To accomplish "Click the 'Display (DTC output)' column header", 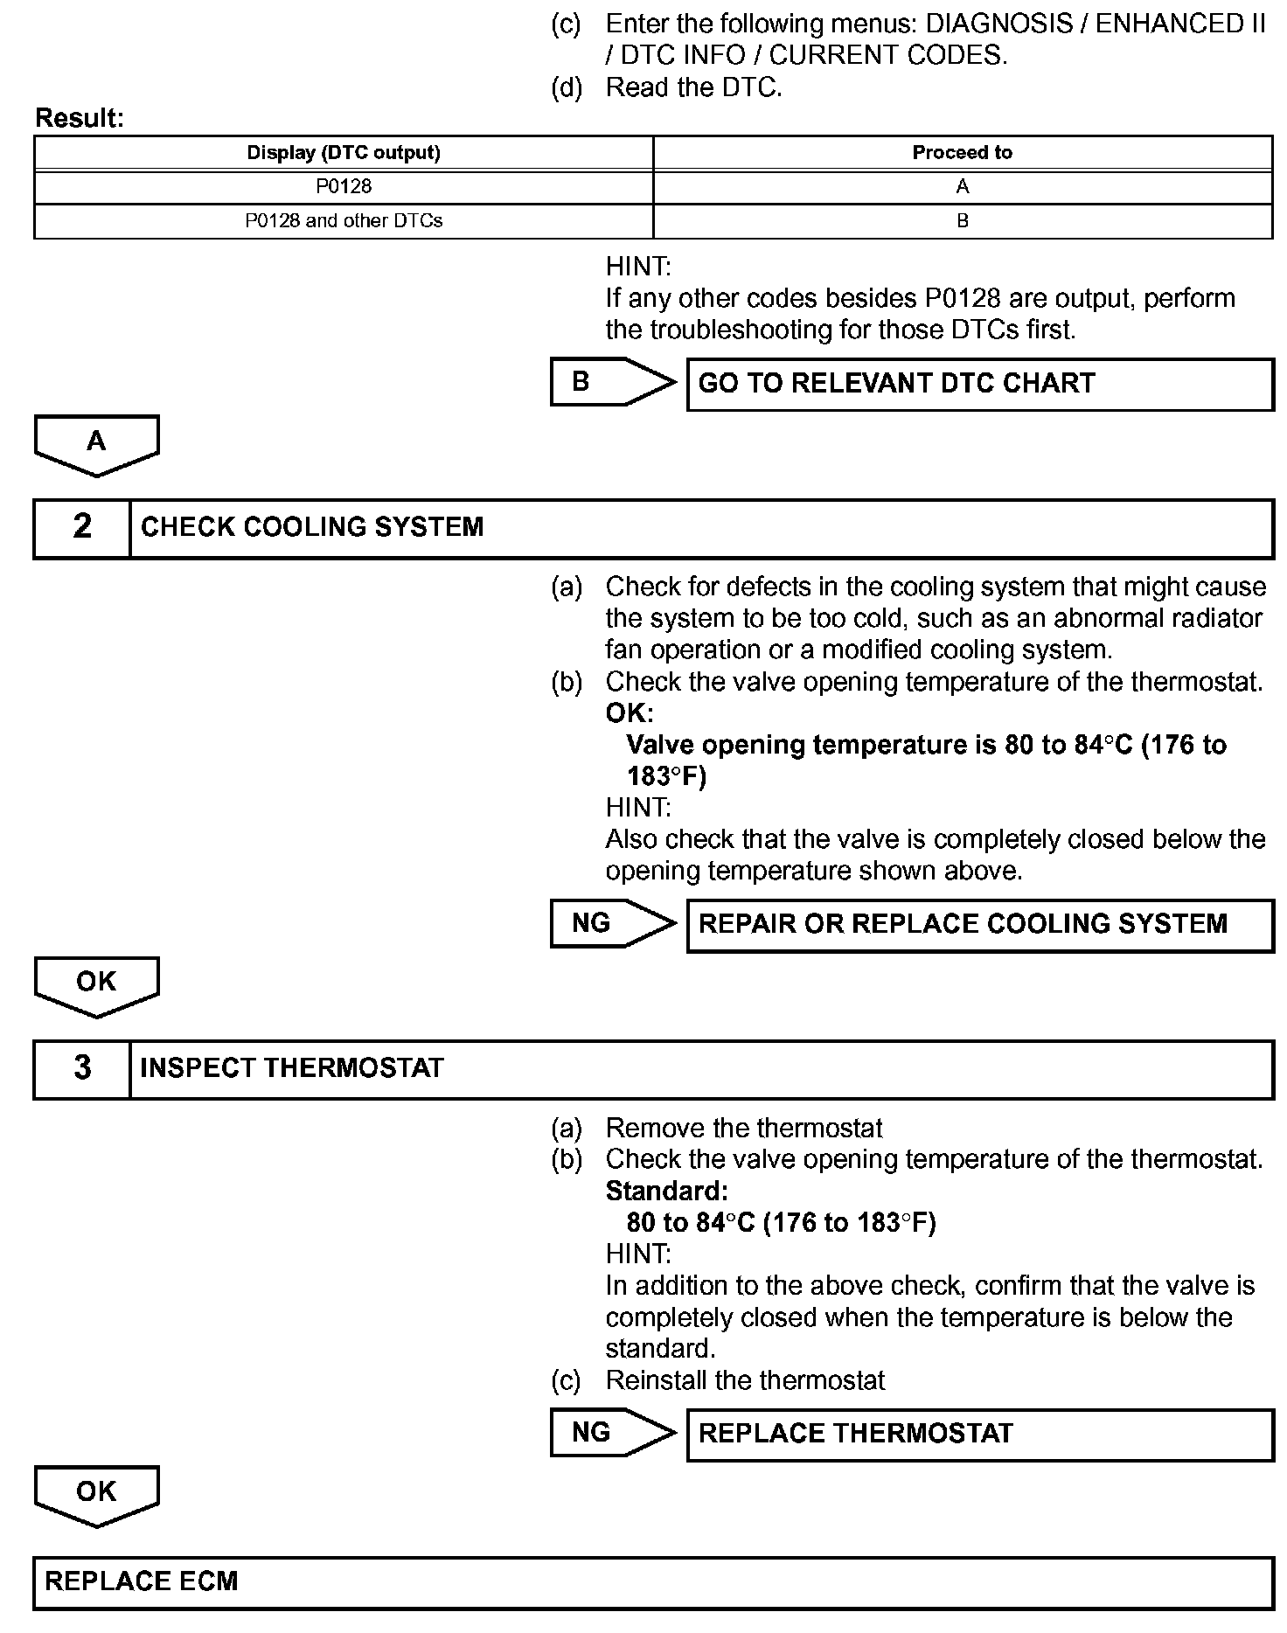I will click(x=344, y=153).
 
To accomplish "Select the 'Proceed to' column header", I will click(x=962, y=153).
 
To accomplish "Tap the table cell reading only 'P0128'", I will click(x=344, y=186).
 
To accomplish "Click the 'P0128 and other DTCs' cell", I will click(x=344, y=220).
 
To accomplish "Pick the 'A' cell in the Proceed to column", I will click(x=962, y=186).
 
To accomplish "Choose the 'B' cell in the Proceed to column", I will click(x=962, y=220).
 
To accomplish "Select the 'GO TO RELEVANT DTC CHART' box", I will click(x=979, y=384).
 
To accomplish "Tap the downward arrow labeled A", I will click(x=96, y=444).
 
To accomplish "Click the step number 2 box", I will click(x=82, y=527).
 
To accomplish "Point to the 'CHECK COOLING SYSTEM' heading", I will click(x=312, y=527).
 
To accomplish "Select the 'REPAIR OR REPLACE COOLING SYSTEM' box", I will click(x=979, y=925).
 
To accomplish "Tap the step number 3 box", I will click(x=82, y=1068).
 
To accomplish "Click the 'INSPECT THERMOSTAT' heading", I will click(x=292, y=1068).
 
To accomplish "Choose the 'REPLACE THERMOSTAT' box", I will click(x=979, y=1434).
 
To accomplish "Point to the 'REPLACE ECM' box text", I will click(x=142, y=1581).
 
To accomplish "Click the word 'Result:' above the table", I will click(x=80, y=119).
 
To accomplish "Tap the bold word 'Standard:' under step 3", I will click(x=666, y=1191).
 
